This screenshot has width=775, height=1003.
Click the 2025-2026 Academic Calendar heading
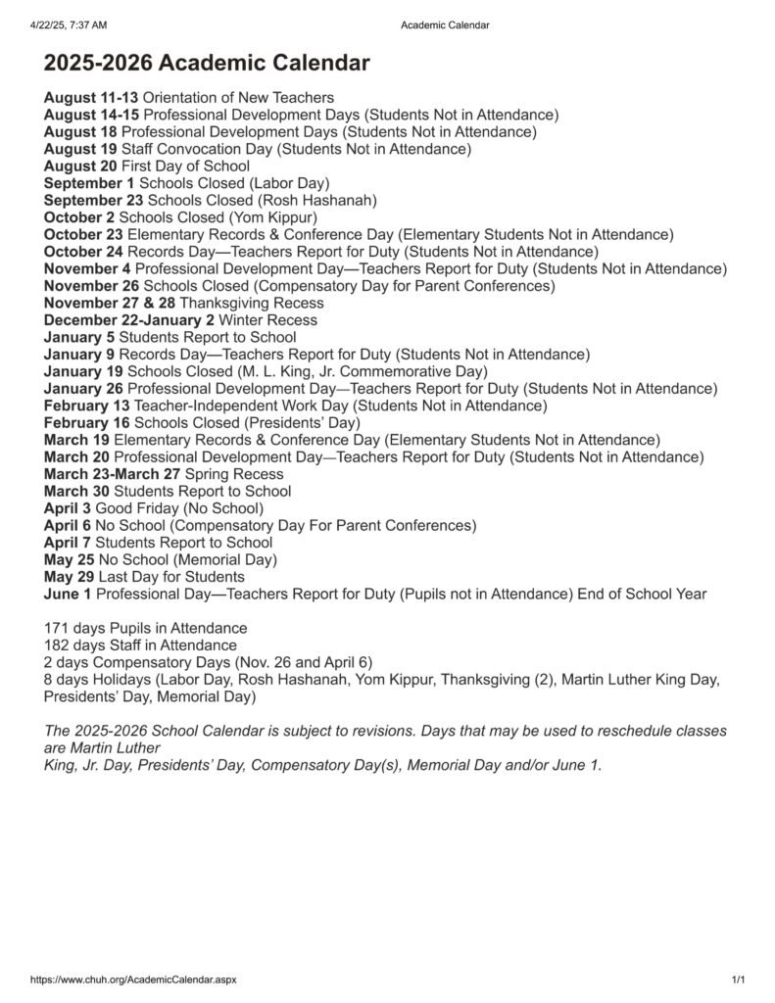pyautogui.click(x=207, y=65)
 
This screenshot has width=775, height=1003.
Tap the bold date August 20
pyautogui.click(x=79, y=167)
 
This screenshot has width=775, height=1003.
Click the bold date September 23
pyautogui.click(x=93, y=201)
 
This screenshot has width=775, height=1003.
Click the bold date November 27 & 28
pyautogui.click(x=110, y=303)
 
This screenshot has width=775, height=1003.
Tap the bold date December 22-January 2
pyautogui.click(x=129, y=320)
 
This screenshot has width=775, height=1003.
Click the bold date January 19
pyautogui.click(x=83, y=371)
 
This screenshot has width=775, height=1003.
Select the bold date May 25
pyautogui.click(x=69, y=559)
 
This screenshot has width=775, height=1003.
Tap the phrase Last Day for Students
pyautogui.click(x=170, y=577)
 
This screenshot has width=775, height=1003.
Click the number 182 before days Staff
pyautogui.click(x=57, y=645)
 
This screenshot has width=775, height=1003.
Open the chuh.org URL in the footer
pyautogui.click(x=133, y=979)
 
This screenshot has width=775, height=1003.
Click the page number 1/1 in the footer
pyautogui.click(x=738, y=979)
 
